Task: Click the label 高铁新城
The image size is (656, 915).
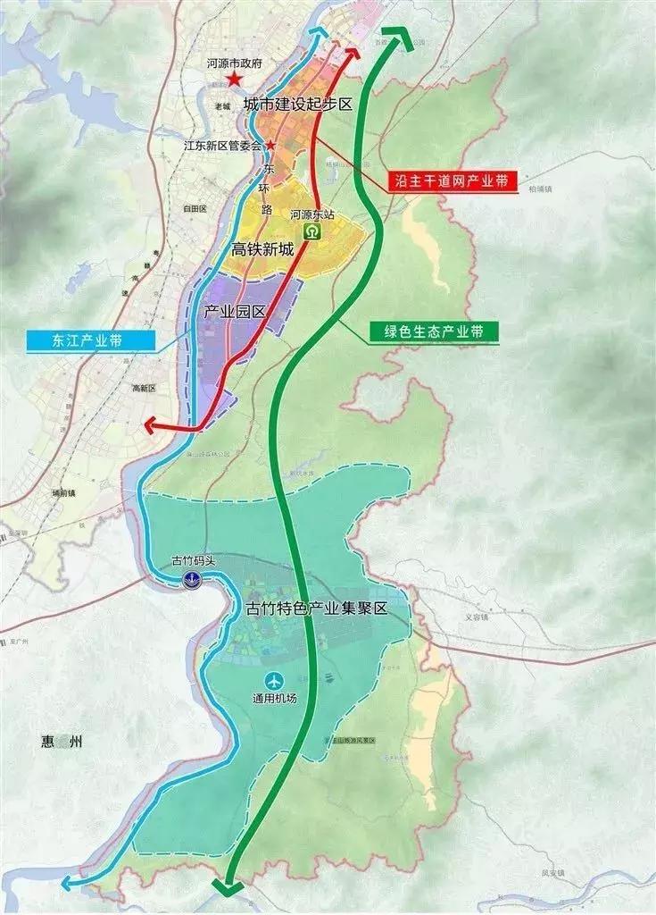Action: point(262,250)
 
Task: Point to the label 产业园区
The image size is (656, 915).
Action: point(237,312)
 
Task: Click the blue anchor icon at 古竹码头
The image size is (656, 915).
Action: point(191,580)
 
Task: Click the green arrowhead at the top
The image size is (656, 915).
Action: point(398,38)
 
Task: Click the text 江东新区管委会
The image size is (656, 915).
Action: point(220,145)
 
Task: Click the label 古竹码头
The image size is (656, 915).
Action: point(192,563)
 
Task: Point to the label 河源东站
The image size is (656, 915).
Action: point(312,214)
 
